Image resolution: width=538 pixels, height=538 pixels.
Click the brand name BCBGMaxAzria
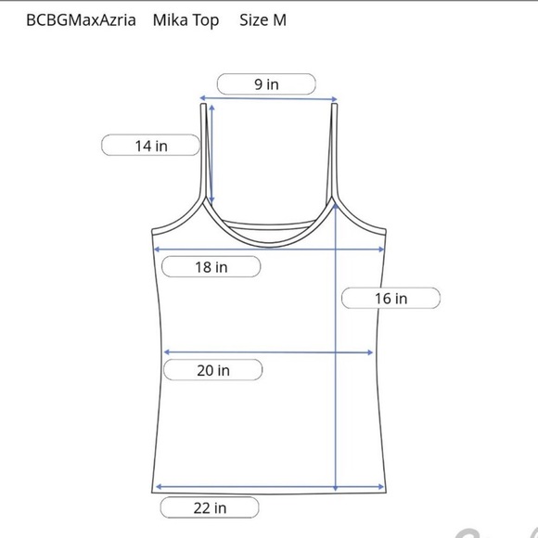[81, 19]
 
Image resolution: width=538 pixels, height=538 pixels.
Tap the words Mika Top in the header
[186, 20]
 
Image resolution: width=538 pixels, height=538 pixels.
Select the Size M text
[263, 19]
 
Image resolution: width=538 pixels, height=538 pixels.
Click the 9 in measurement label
[266, 84]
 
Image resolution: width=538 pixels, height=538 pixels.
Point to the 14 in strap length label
[151, 146]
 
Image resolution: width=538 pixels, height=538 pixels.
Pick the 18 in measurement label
[211, 267]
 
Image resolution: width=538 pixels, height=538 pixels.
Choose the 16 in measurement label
[391, 298]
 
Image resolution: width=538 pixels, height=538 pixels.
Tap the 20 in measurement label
[213, 370]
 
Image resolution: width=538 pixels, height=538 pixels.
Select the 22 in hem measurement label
[210, 507]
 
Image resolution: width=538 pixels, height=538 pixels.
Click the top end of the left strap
[203, 104]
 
